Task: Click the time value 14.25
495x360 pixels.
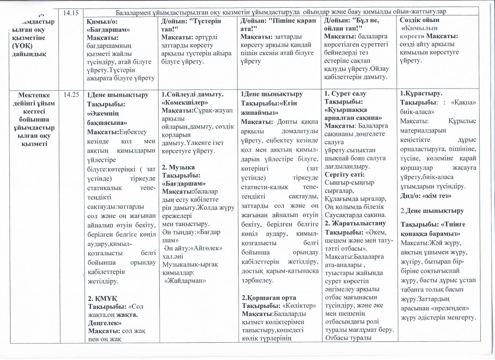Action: point(71,95)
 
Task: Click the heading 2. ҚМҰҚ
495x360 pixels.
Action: point(103,298)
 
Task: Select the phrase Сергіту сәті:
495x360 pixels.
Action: point(344,174)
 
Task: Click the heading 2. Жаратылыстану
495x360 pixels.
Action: point(355,223)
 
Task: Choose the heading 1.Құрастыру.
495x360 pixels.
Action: point(421,93)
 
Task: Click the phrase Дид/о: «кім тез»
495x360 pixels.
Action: point(426,196)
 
